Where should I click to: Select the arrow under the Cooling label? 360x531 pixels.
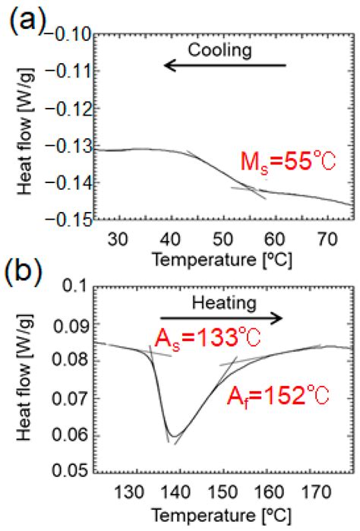[226, 66]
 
